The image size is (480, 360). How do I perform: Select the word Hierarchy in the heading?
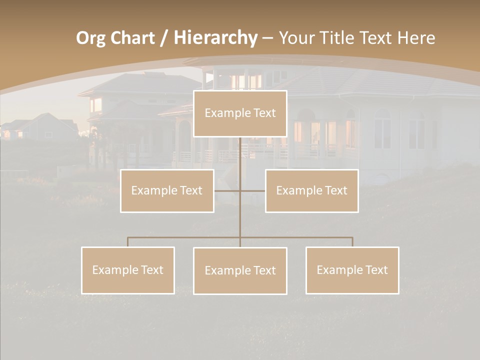pos(215,38)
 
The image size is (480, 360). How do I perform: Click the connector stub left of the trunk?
pos(227,190)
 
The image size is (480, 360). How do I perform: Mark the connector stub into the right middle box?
pos(253,190)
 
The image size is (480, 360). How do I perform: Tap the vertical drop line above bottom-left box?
pos(127,242)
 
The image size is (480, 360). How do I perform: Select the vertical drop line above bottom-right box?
pos(352,242)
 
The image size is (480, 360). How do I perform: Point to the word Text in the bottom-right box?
pos(376,270)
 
